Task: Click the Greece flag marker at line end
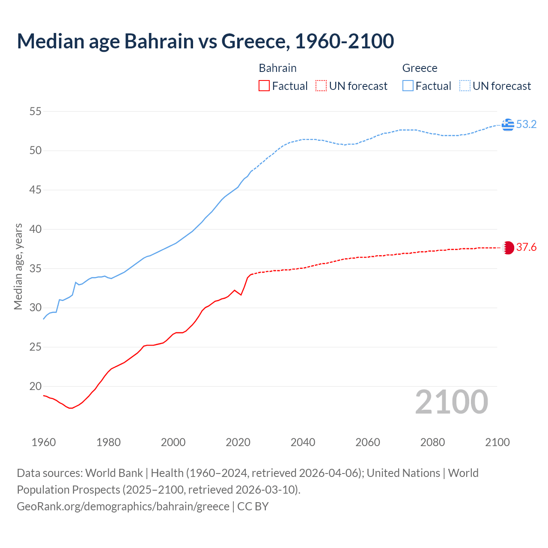[508, 125]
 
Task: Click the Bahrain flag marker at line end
[508, 247]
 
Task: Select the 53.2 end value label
[526, 125]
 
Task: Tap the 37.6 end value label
[526, 247]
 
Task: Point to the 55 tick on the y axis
[36, 112]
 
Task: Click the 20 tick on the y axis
[36, 386]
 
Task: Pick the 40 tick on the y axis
[36, 229]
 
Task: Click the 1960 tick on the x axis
[44, 442]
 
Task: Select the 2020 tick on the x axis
[238, 442]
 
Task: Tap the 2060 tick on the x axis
[368, 442]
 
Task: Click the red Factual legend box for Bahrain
[264, 86]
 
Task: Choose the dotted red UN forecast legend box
[321, 86]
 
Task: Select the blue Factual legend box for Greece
[408, 86]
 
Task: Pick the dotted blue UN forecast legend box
[465, 86]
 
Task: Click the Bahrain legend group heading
[277, 68]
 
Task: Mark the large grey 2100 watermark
[451, 402]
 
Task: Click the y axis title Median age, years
[18, 266]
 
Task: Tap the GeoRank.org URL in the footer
[123, 506]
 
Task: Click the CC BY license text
[253, 506]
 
